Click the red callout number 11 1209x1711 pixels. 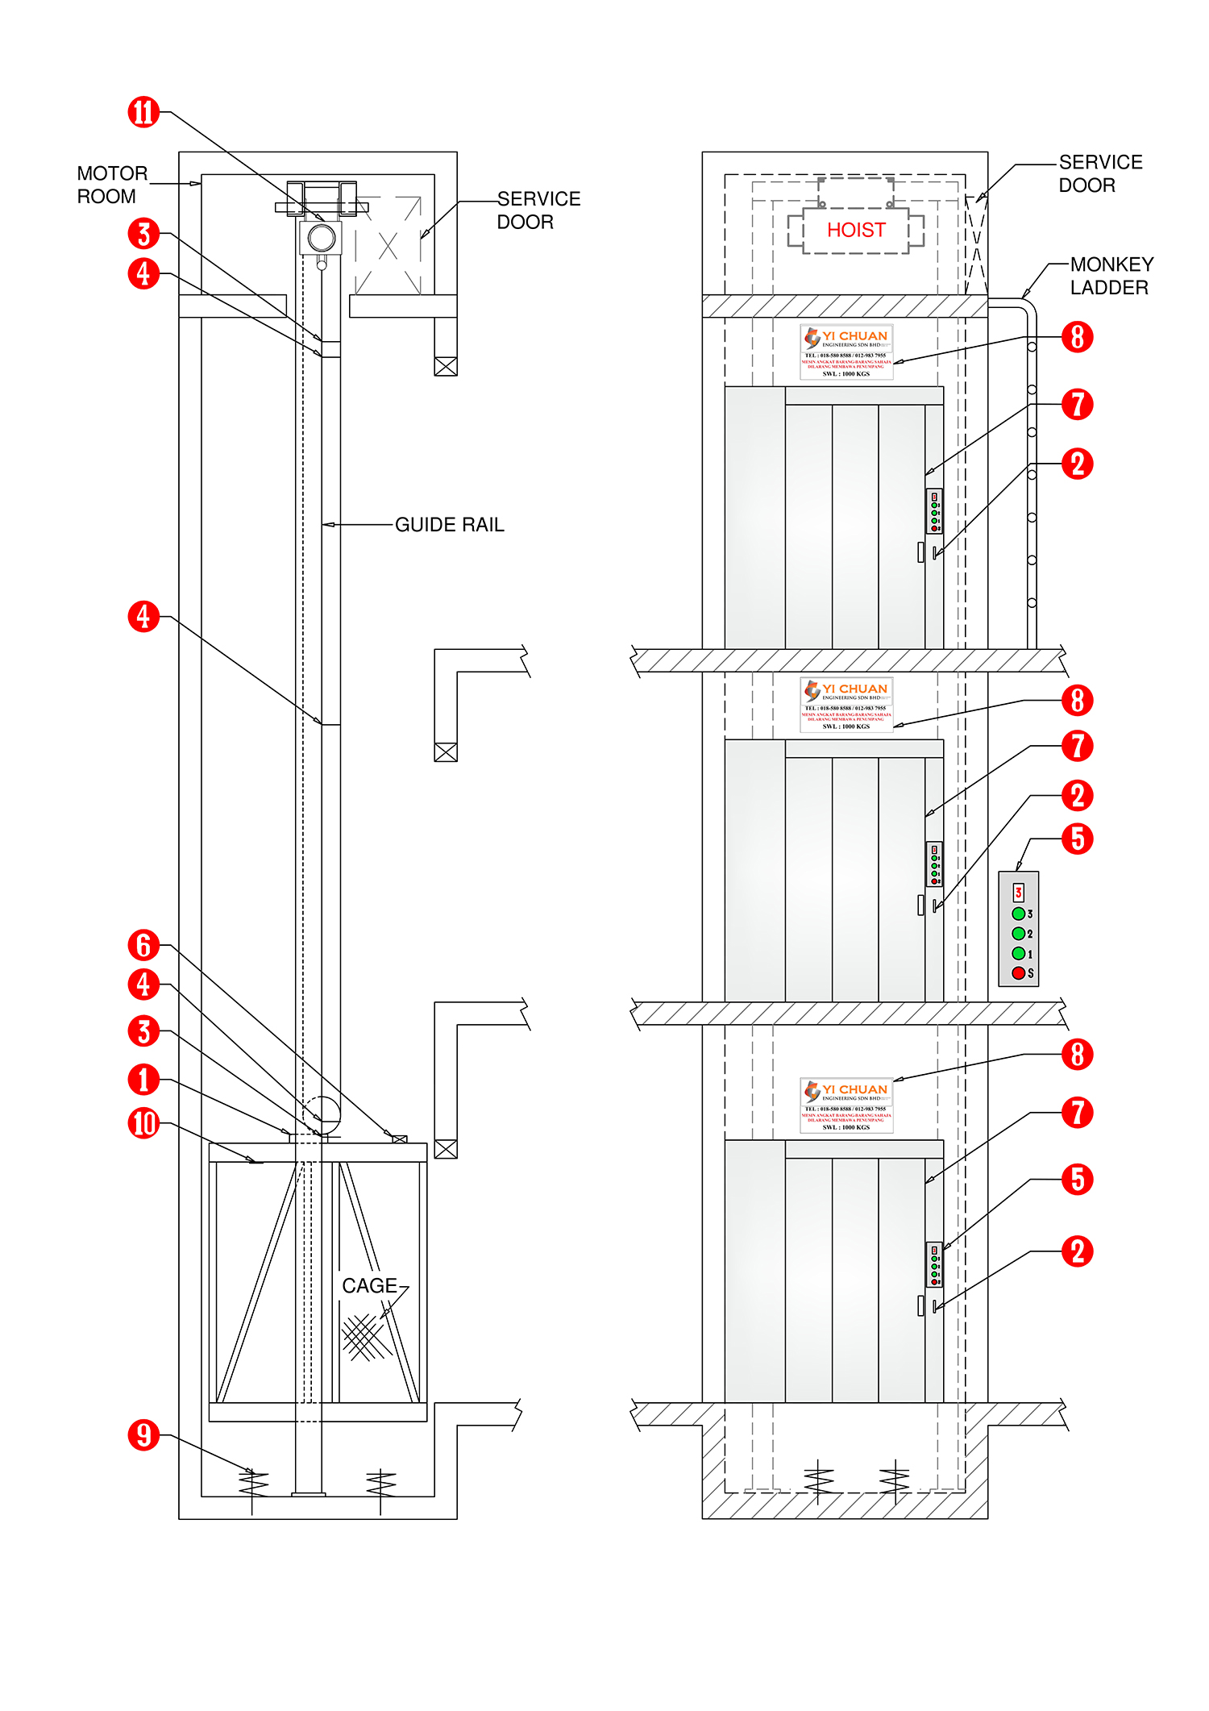pos(143,112)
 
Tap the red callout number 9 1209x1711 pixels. pos(143,1435)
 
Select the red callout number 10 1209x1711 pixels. pos(143,1123)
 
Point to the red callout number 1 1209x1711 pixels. pos(143,1080)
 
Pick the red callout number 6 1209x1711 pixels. pos(143,945)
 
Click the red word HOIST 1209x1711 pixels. pos(856,231)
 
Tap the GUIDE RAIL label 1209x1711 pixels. pos(449,525)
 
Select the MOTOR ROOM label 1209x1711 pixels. pos(111,185)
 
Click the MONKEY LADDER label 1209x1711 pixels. pos(1111,276)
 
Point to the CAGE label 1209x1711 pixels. pos(369,1286)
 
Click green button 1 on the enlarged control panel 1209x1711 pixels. pos(1018,953)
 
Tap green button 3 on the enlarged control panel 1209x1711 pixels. pos(1018,914)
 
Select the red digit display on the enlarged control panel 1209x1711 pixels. pos(1018,893)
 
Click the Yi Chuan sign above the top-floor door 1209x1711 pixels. pos(846,352)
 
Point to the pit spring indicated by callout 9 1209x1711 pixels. pos(253,1482)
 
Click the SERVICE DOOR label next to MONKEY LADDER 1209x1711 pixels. pos(1099,173)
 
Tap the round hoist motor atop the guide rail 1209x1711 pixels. pos(322,238)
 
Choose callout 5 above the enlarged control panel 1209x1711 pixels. pos(1077,839)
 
